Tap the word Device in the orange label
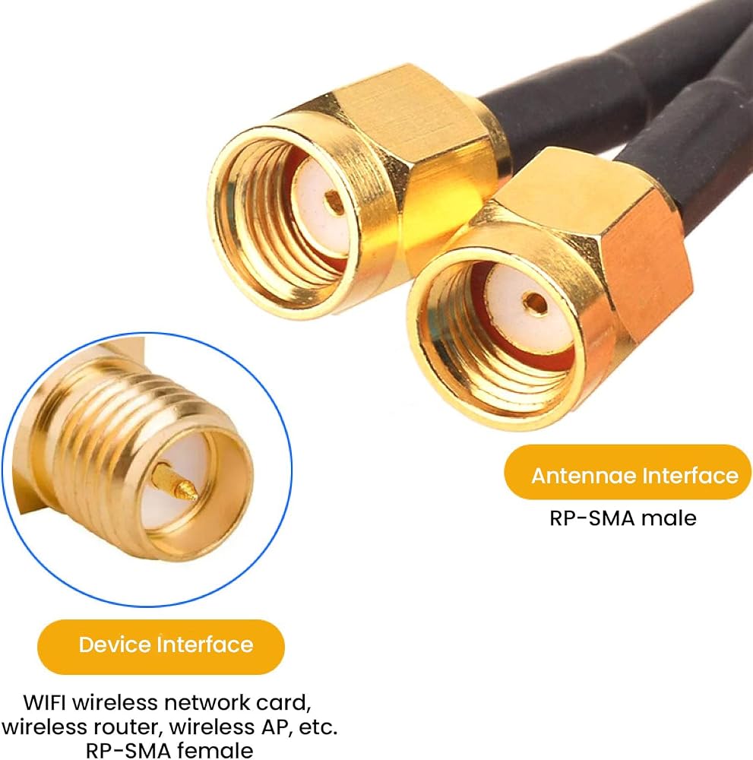coord(114,644)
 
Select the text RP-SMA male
coord(622,518)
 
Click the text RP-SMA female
coord(169,750)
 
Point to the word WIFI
coord(44,702)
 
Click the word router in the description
coord(126,727)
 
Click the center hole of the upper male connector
coord(334,201)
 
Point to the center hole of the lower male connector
coord(534,303)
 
